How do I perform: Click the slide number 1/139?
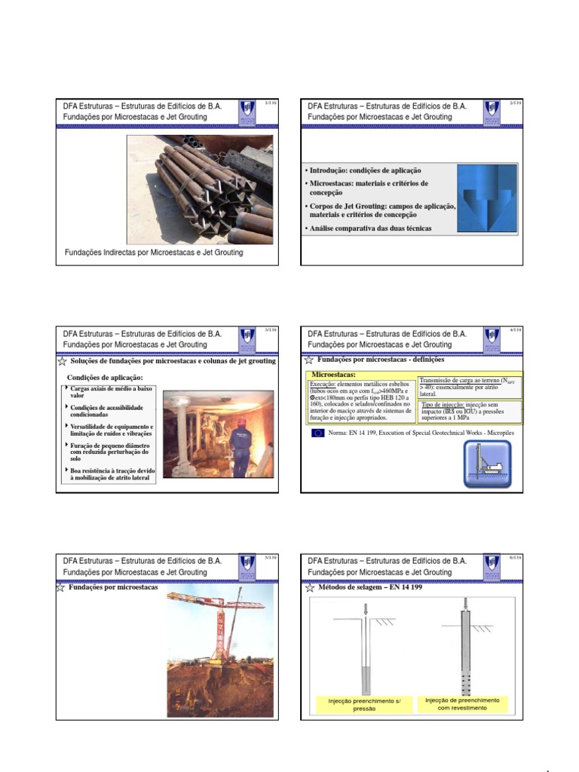(271, 103)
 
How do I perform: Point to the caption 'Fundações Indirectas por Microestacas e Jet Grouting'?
(153, 253)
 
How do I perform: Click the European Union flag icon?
(317, 433)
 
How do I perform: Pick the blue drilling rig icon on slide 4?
(486, 463)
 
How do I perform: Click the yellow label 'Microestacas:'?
(333, 375)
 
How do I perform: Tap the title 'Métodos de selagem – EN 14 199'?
(371, 587)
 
